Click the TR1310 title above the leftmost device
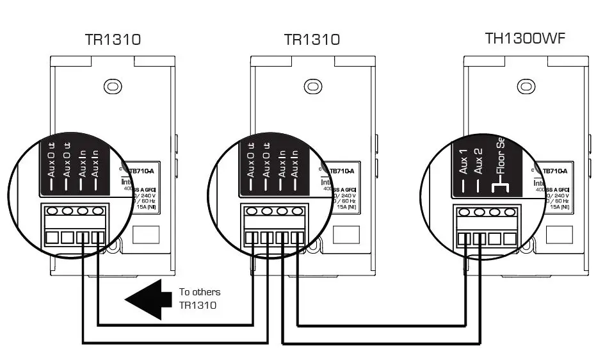[x=113, y=40]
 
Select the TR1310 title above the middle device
[x=312, y=40]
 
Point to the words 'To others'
[x=200, y=292]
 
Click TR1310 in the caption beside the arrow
[x=198, y=305]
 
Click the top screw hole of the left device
[x=113, y=85]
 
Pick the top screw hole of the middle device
[x=312, y=85]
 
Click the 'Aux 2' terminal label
[x=478, y=161]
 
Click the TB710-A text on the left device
[x=145, y=172]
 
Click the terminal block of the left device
[x=75, y=225]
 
